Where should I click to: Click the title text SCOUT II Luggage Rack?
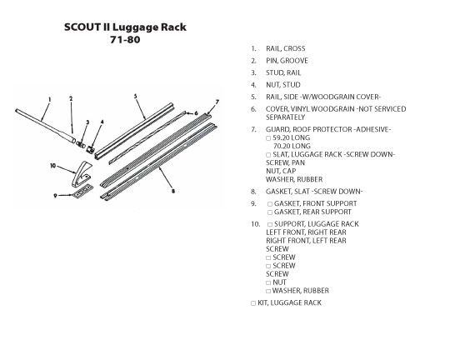125,27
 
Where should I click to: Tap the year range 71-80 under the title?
125,40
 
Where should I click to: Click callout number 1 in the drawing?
50,100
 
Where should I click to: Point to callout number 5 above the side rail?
136,96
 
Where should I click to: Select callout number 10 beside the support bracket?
52,166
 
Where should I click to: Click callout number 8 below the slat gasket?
173,191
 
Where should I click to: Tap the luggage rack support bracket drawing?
81,174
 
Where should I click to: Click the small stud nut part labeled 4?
91,149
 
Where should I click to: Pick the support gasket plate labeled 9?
83,191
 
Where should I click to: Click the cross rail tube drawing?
45,126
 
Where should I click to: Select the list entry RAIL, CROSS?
286,48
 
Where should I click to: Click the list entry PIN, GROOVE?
287,61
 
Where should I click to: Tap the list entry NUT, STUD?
283,85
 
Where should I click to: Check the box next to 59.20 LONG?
268,138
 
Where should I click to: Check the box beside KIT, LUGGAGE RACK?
253,303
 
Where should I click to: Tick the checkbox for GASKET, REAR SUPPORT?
270,212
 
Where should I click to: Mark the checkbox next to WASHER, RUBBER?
268,291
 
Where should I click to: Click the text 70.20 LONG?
292,146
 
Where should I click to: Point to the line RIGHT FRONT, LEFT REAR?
306,241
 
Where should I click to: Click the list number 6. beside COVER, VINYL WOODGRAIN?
253,109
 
